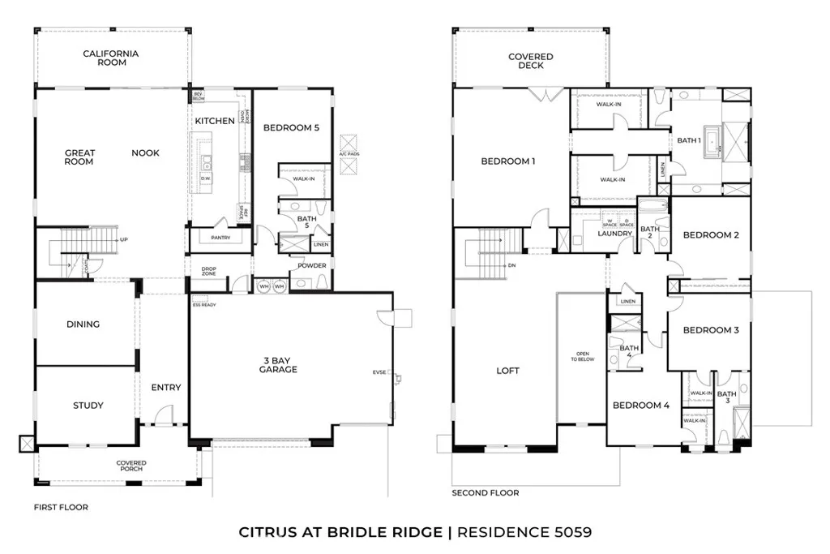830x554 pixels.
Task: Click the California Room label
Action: coord(110,58)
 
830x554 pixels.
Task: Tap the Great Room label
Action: coord(79,157)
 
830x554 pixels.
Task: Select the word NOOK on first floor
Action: coord(146,152)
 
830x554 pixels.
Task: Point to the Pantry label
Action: coord(220,238)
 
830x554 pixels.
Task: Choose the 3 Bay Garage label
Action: coord(278,365)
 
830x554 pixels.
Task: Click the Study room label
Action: coord(88,406)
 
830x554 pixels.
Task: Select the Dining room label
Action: coord(83,324)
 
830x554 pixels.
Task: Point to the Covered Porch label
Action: coord(130,466)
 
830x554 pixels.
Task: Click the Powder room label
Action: coord(311,265)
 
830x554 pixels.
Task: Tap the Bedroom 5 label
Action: coord(292,127)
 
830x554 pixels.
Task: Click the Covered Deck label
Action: coord(531,61)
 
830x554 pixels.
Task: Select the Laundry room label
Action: coord(614,234)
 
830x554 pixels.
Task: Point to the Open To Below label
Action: coord(582,358)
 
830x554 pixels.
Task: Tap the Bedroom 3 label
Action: coord(710,330)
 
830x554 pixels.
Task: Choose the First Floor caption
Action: coord(61,507)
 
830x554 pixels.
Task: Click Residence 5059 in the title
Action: coord(524,532)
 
